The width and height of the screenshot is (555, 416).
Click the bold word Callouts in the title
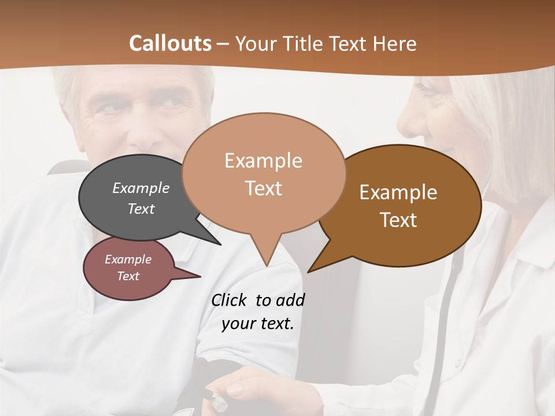point(170,43)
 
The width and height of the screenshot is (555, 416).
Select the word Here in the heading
point(394,43)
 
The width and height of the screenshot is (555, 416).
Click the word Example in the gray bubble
point(141,188)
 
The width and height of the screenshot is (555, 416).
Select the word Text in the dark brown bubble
point(399,220)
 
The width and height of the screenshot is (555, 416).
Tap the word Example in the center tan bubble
point(263,161)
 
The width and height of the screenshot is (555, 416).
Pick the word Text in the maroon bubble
point(128,276)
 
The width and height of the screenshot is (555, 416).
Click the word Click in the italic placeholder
point(230,300)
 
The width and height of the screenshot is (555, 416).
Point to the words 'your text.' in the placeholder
point(258,324)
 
